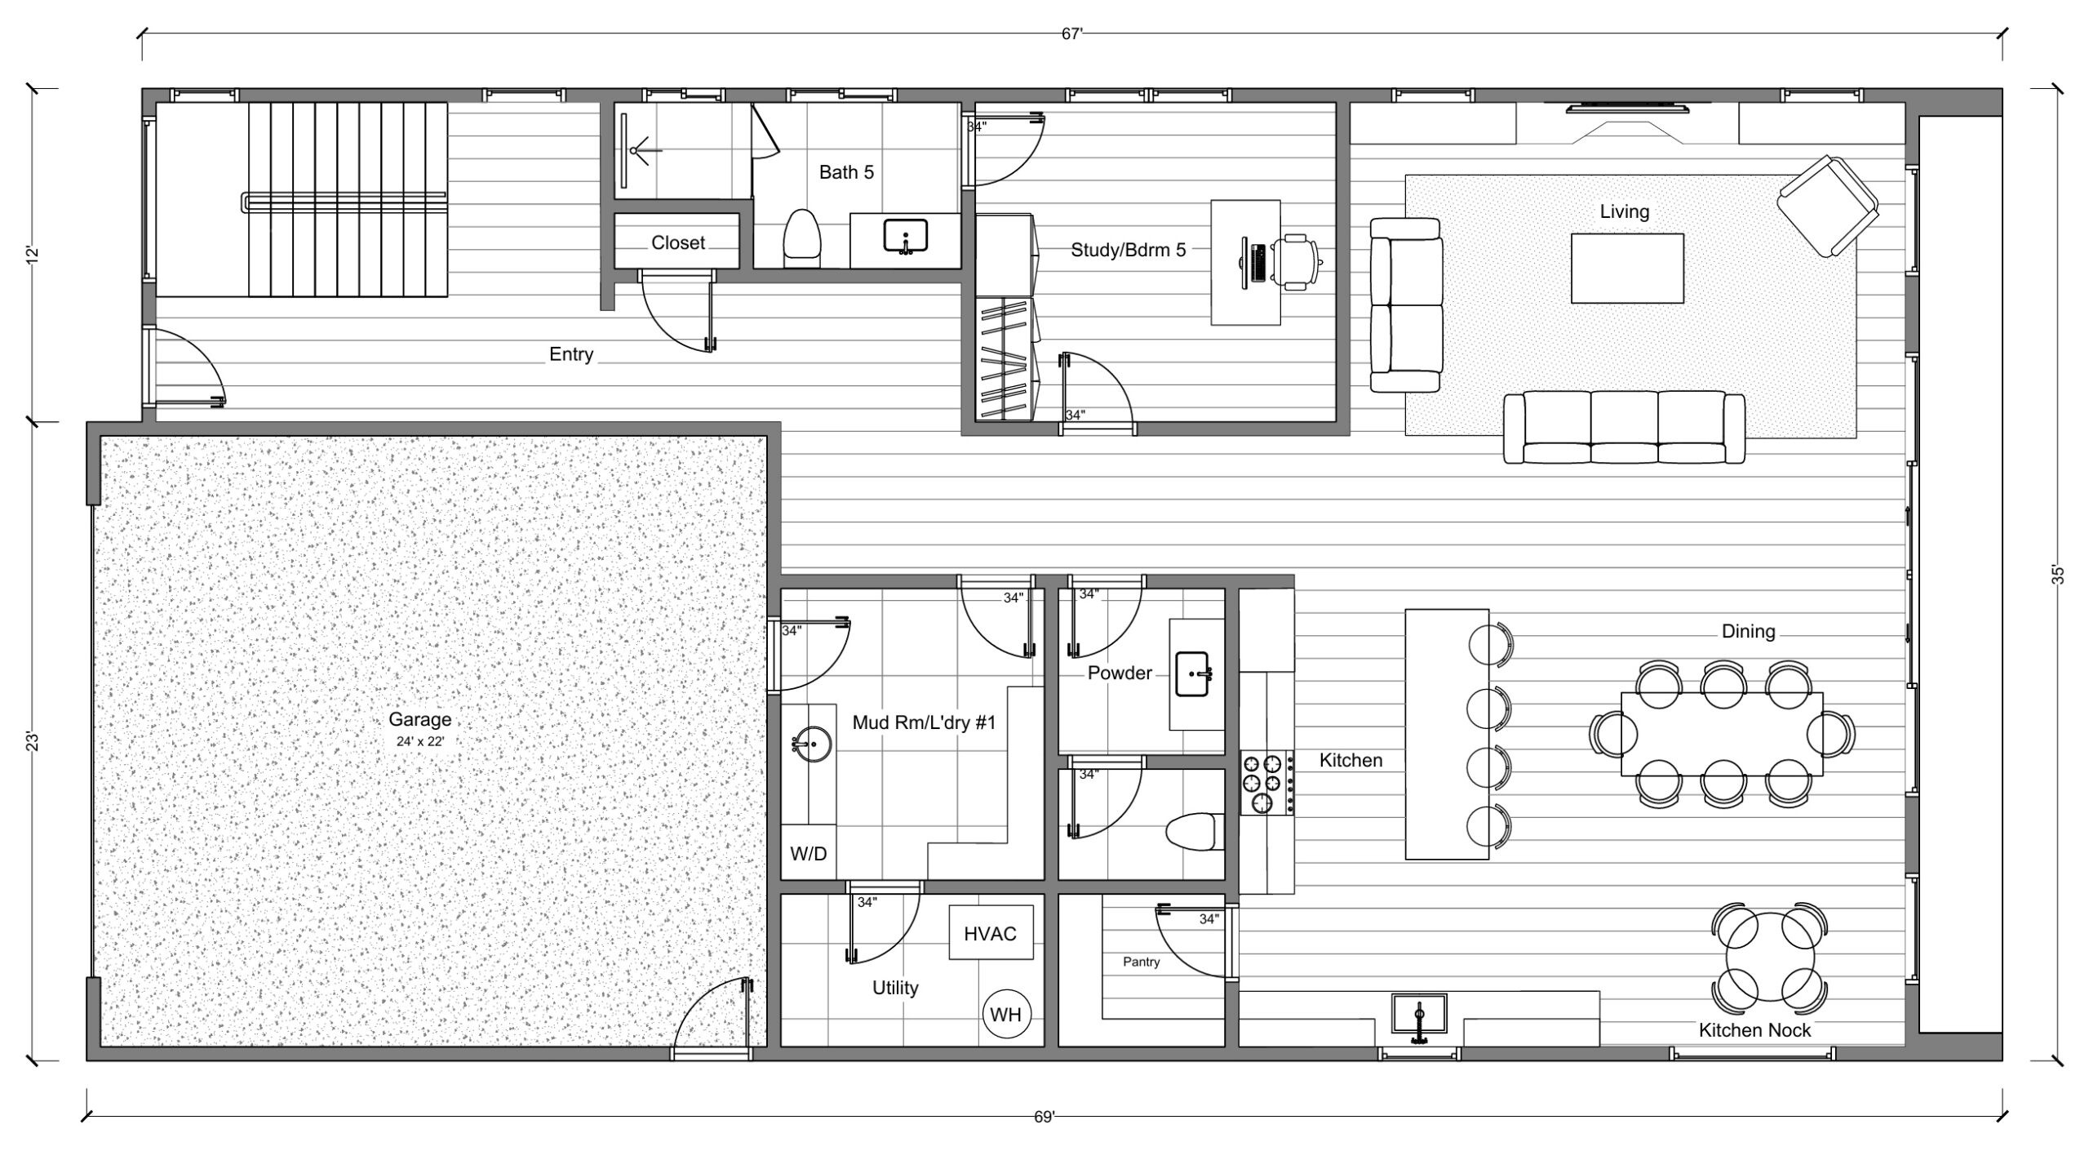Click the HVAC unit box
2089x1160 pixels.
point(991,933)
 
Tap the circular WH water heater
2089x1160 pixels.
point(1005,1015)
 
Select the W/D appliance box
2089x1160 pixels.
point(809,853)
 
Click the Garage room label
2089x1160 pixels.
point(419,719)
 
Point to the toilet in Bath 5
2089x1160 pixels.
point(801,238)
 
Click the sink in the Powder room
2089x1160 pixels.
point(1192,673)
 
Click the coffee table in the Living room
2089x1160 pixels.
point(1627,269)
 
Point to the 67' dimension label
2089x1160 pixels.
point(1072,34)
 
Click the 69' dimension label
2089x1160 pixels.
point(1044,1118)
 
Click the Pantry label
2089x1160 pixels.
point(1141,962)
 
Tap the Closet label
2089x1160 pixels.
point(678,242)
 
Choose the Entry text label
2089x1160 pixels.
point(571,354)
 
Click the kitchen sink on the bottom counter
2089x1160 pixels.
point(1419,1015)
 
